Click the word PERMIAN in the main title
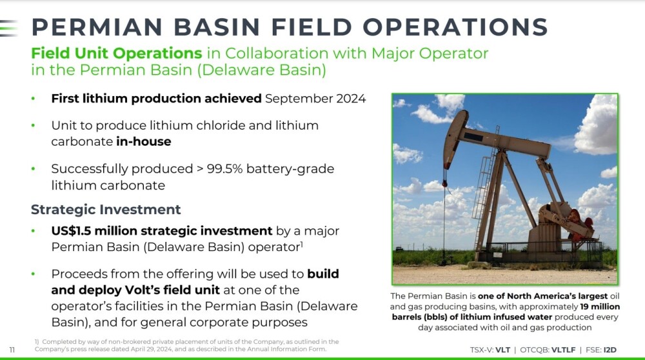97,27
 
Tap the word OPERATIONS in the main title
455,27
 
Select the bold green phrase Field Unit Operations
117,53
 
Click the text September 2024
315,99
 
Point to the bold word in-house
144,141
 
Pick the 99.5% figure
224,168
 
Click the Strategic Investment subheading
106,210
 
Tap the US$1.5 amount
71,231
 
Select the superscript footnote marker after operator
301,244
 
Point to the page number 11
12,350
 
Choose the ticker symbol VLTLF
563,350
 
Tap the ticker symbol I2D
610,350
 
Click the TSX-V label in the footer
481,350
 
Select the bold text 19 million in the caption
600,306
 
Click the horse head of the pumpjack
455,135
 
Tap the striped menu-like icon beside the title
8,28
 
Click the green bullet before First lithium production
34,99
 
